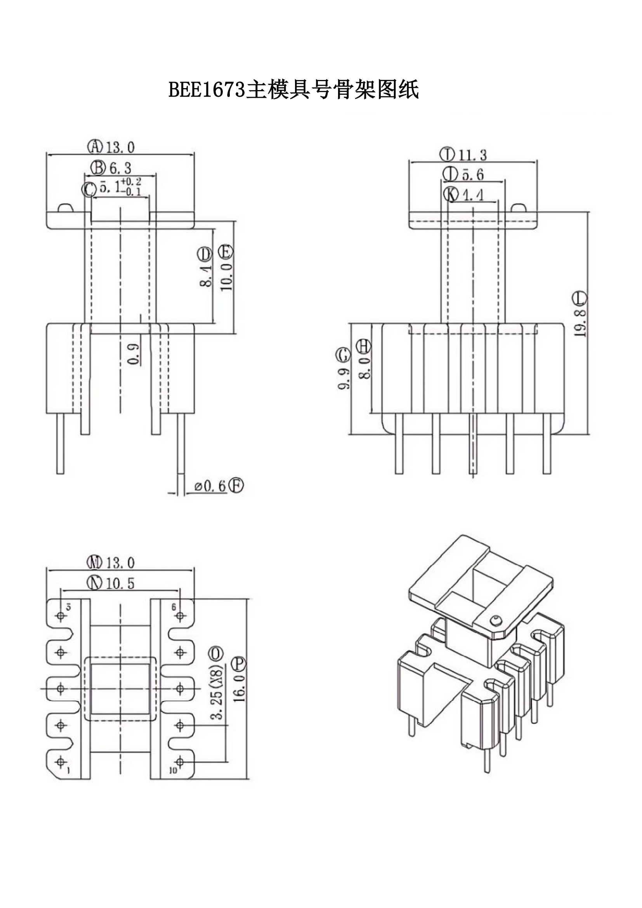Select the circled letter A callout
pyautogui.click(x=95, y=147)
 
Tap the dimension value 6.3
pyautogui.click(x=120, y=168)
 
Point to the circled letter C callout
pyautogui.click(x=89, y=189)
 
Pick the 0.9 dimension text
pyautogui.click(x=134, y=354)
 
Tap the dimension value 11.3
pyautogui.click(x=472, y=155)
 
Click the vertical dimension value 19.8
pyautogui.click(x=580, y=323)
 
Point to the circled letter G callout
pyautogui.click(x=343, y=355)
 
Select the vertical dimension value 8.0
pyautogui.click(x=364, y=368)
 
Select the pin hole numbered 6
pyautogui.click(x=180, y=616)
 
